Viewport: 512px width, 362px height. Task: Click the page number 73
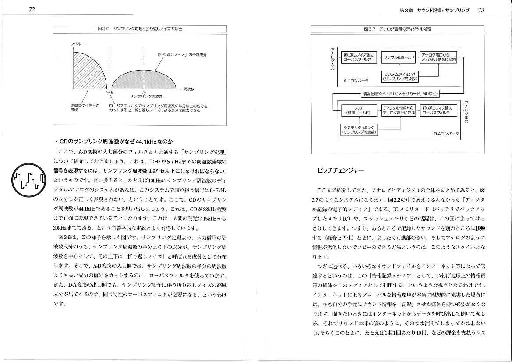[480, 10]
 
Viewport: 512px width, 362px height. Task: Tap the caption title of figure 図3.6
[140, 29]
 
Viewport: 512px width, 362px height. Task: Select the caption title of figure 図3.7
[397, 29]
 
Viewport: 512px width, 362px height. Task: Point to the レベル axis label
[76, 43]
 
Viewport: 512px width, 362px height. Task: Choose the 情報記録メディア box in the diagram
[399, 93]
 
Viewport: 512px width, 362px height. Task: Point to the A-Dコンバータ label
[356, 81]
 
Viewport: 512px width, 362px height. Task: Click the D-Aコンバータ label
[446, 134]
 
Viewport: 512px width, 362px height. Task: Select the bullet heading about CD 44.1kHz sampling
[114, 141]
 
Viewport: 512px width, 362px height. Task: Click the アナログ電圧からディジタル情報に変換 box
[438, 57]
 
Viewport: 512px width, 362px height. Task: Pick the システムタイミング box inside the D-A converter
[360, 129]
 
